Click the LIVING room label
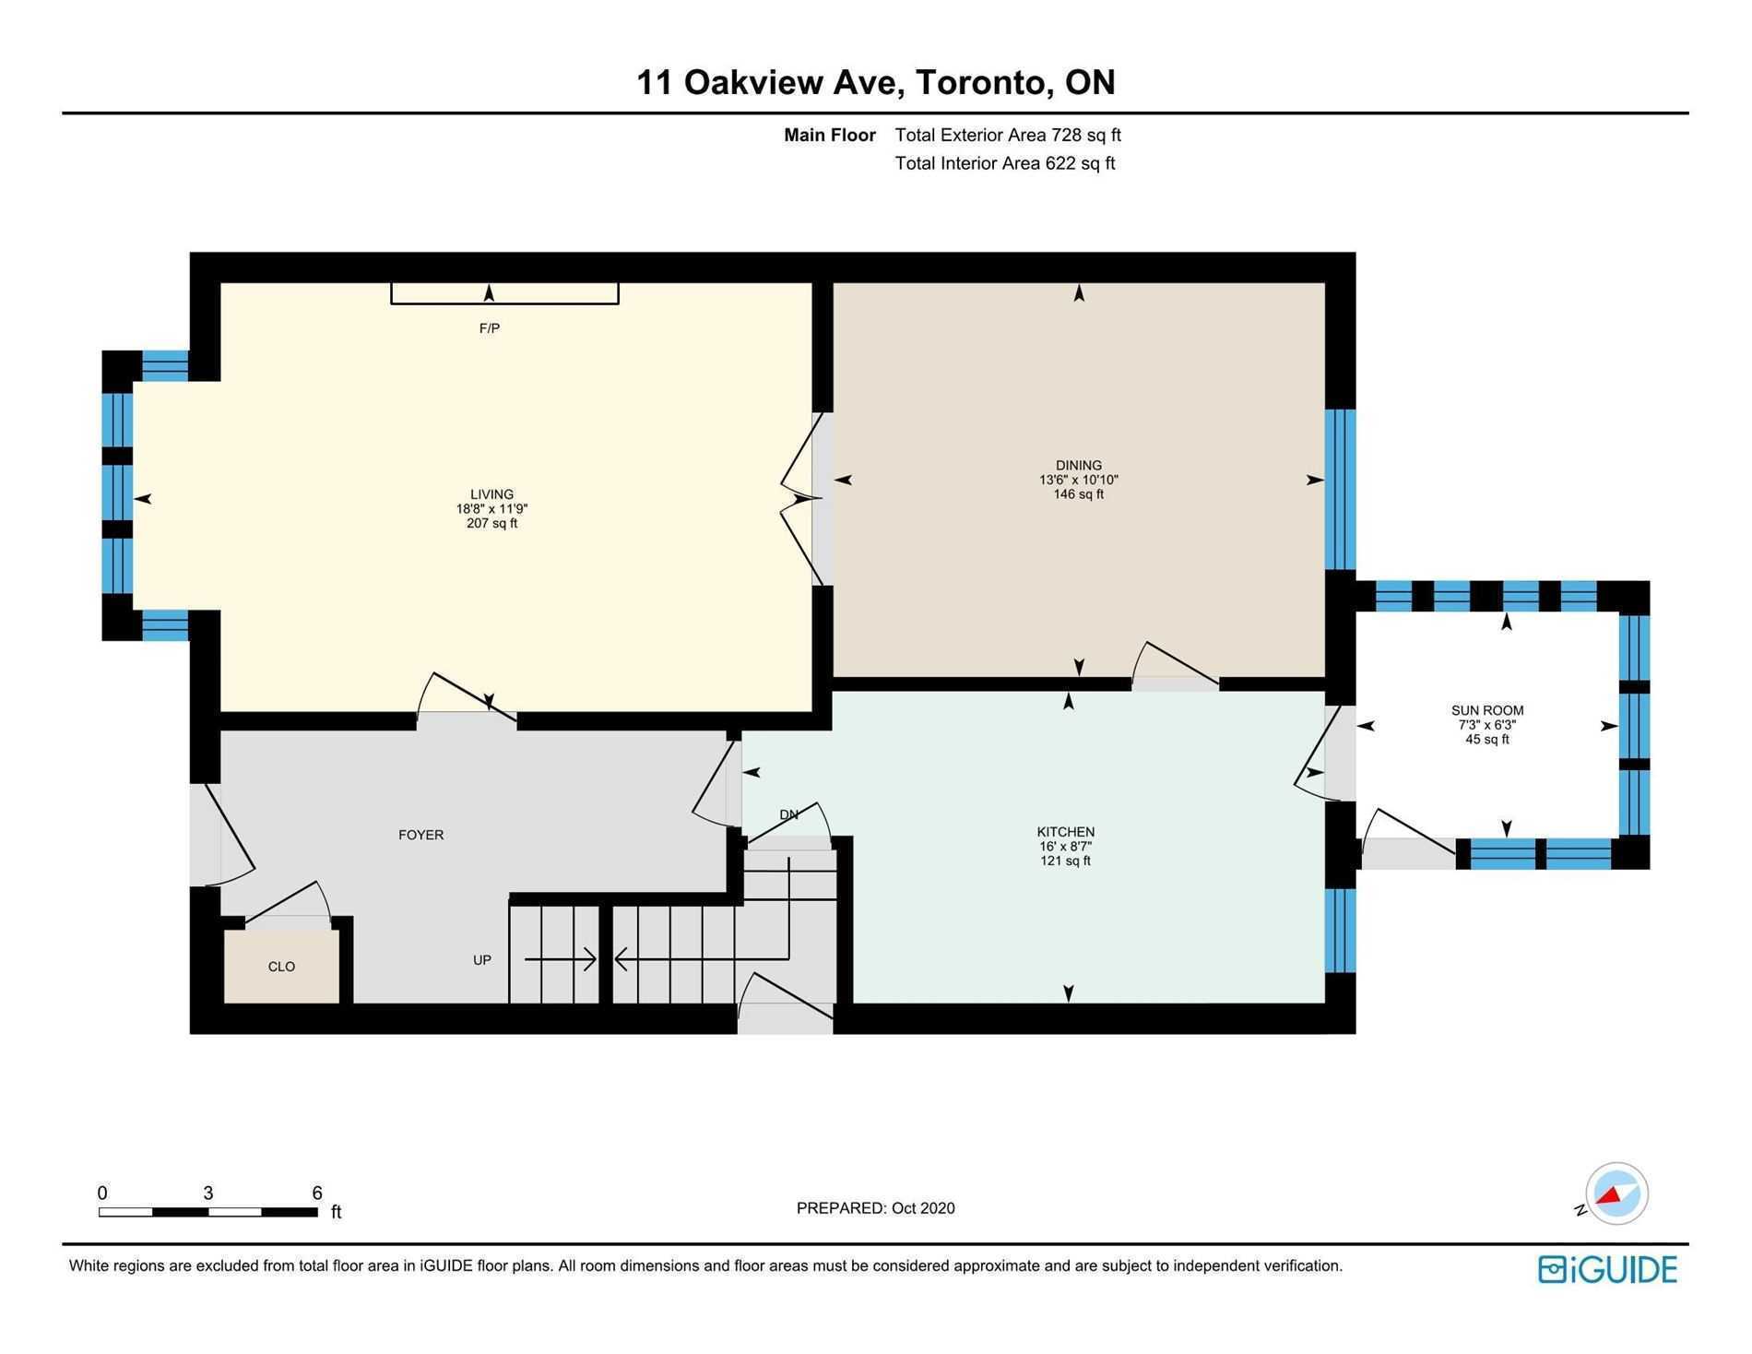tap(491, 494)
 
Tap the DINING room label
tap(1079, 466)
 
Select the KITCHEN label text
tap(1066, 832)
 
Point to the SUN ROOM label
tap(1487, 710)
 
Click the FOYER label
tap(421, 835)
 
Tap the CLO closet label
tap(281, 967)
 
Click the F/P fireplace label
tap(490, 328)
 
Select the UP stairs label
tap(482, 960)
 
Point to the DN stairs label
tap(789, 814)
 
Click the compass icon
tap(1616, 1194)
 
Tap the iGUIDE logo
tap(1607, 1270)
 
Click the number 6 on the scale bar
tap(317, 1193)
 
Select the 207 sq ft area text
tap(491, 524)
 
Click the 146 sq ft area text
tap(1079, 494)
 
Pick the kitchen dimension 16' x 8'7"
tap(1066, 847)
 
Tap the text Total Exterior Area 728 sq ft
tap(1008, 135)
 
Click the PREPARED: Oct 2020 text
tap(876, 1208)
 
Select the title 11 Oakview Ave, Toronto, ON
tap(876, 82)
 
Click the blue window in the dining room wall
tap(1341, 490)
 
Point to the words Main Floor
tap(830, 135)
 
